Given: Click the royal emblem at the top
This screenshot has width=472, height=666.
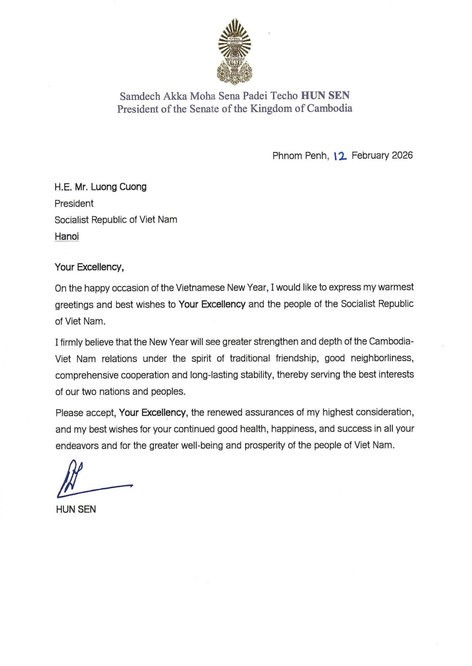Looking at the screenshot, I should (235, 52).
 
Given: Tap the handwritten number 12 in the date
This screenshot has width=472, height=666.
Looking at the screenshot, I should (339, 156).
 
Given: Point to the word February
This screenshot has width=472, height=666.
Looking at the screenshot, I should (369, 156).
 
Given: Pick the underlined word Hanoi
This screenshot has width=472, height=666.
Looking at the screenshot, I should (67, 236).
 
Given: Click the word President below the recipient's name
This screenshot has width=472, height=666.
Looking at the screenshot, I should (74, 203).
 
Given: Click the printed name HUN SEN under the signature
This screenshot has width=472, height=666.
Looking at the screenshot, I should (75, 509).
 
